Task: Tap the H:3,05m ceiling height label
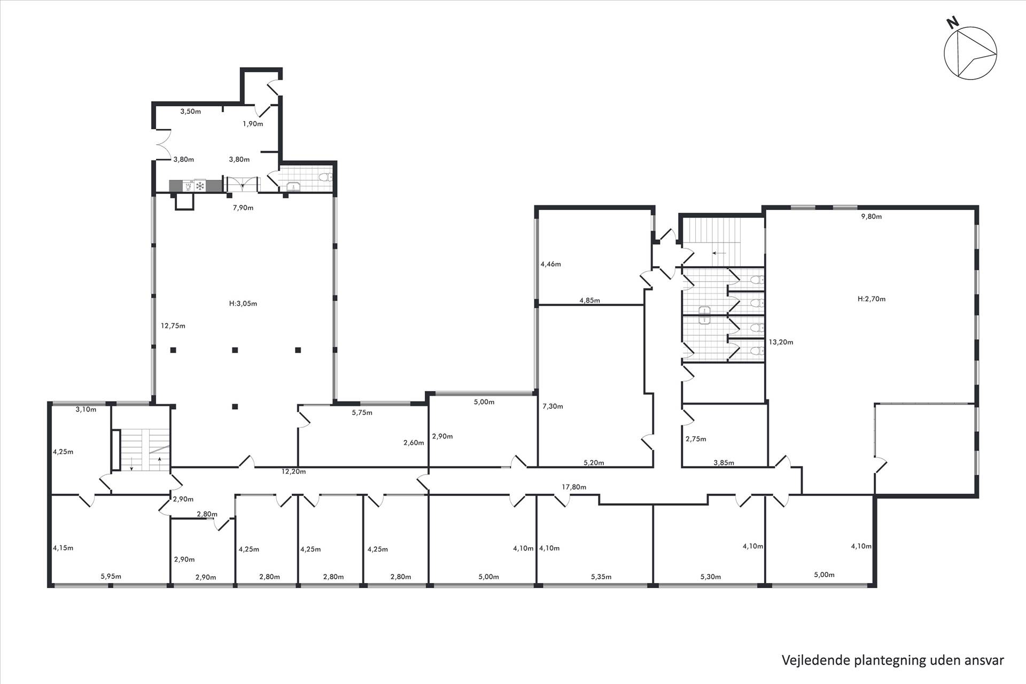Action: click(x=243, y=304)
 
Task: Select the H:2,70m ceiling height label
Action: click(x=872, y=299)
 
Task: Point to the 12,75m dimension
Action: click(x=173, y=325)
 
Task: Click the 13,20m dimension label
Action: click(x=781, y=342)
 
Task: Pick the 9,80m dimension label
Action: click(x=872, y=216)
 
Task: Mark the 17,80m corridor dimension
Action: click(x=574, y=487)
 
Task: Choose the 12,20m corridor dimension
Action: click(x=294, y=471)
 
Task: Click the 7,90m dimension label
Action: click(x=243, y=207)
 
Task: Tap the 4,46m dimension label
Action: click(x=551, y=264)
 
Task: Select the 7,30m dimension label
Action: click(x=553, y=406)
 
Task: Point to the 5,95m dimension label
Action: click(x=111, y=576)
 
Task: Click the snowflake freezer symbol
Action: click(x=200, y=186)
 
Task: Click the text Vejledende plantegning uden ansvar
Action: click(x=893, y=660)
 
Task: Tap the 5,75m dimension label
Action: click(x=362, y=413)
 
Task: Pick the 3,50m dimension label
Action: click(x=191, y=111)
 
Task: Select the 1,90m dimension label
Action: click(x=253, y=123)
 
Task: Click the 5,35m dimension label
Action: click(x=601, y=577)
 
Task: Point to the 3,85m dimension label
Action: click(x=724, y=463)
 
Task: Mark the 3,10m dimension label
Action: click(x=86, y=409)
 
